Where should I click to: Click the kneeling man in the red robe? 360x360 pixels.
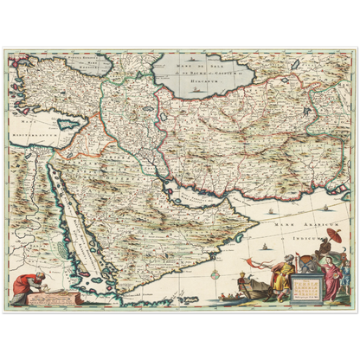pos(31,284)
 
